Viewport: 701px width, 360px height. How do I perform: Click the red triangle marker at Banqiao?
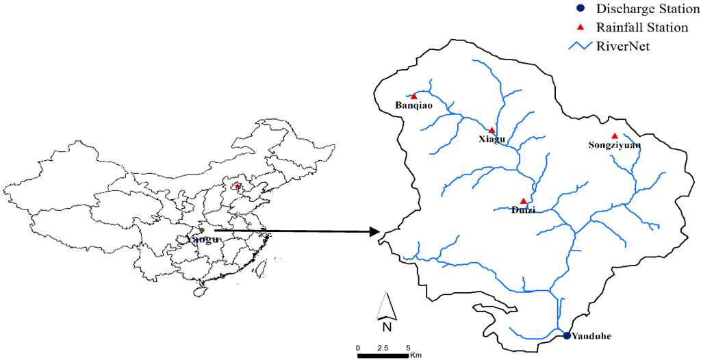coord(413,97)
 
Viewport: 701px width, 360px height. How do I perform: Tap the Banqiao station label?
coord(414,106)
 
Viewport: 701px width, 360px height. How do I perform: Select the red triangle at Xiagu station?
coord(491,129)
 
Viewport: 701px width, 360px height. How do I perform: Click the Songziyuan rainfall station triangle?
coord(615,136)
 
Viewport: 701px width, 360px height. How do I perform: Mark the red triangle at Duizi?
coord(524,201)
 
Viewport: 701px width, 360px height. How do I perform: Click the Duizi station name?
coord(524,210)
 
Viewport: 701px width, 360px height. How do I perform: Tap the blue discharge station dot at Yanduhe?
coord(567,335)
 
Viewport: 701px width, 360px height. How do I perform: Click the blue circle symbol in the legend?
coord(580,10)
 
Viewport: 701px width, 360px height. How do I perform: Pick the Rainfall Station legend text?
coord(641,28)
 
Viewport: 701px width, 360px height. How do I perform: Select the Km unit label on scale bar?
coord(416,355)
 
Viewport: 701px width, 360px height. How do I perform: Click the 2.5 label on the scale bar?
coord(383,348)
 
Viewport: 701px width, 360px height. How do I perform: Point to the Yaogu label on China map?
coord(201,240)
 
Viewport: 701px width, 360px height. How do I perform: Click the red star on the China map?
coord(238,186)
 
